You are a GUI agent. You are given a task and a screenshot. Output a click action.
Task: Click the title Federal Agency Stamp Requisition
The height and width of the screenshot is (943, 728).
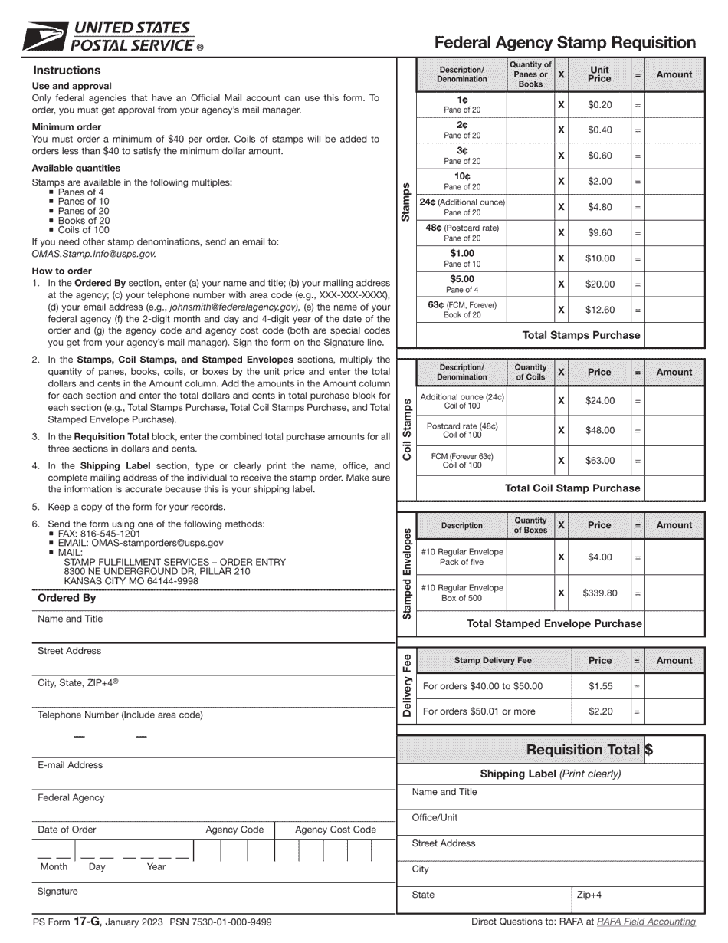[565, 43]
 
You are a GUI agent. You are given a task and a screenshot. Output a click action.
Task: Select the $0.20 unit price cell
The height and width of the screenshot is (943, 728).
[599, 105]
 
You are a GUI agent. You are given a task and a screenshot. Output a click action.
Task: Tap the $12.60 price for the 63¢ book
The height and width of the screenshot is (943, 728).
[599, 310]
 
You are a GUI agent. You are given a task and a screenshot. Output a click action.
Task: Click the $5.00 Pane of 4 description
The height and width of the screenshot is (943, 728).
[461, 284]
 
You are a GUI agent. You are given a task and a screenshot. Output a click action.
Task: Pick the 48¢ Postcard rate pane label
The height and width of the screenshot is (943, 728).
[461, 232]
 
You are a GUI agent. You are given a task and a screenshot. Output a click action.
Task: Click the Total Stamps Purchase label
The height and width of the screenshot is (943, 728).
[580, 335]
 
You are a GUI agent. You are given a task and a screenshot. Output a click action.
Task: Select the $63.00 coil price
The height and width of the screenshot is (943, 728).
[599, 460]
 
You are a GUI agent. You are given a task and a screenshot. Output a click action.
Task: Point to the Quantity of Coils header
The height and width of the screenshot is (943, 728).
[530, 372]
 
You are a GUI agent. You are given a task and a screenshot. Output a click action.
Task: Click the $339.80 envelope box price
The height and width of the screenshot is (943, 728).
[599, 593]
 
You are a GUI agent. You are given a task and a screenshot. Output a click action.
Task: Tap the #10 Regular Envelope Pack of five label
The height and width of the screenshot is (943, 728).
[461, 557]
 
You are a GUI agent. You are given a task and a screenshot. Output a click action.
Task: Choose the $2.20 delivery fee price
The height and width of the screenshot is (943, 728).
[599, 711]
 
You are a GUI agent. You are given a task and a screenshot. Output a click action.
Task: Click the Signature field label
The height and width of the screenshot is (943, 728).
[57, 892]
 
